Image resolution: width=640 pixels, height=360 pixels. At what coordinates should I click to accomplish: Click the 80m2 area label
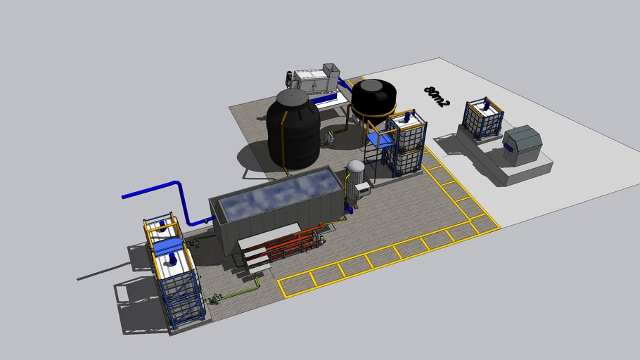coord(436,96)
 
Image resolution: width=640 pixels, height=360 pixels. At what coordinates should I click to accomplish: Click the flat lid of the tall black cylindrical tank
coord(293,98)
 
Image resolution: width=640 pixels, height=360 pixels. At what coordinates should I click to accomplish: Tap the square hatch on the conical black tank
coord(382,96)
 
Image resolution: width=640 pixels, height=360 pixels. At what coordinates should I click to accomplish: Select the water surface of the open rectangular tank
coord(280,195)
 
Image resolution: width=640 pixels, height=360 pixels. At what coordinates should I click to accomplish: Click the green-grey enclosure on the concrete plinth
coord(522,145)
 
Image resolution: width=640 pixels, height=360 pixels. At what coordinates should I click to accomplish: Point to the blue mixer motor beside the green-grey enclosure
coord(486,105)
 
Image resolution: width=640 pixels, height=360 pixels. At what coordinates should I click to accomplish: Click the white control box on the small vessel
coord(363,189)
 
